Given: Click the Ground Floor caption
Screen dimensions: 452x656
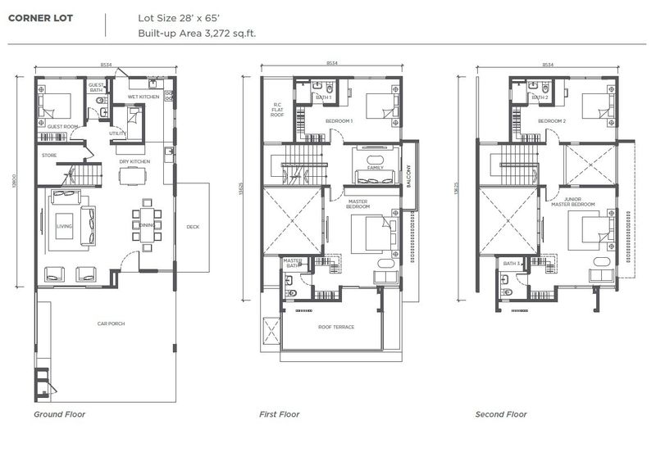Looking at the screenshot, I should pyautogui.click(x=59, y=414).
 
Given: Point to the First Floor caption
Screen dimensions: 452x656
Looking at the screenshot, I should pyautogui.click(x=280, y=414).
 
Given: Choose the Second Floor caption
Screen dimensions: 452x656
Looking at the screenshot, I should pyautogui.click(x=501, y=414).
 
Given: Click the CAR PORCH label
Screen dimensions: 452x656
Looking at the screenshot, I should pyautogui.click(x=111, y=323).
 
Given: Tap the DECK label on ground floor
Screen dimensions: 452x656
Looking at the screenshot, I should pyautogui.click(x=193, y=227).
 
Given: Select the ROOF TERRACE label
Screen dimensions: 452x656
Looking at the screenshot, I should pyautogui.click(x=336, y=327).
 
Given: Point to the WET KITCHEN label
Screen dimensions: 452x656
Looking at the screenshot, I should pyautogui.click(x=143, y=97).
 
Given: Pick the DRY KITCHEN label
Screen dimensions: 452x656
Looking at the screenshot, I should pyautogui.click(x=134, y=161).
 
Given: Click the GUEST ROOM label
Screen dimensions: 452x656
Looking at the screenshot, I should pyautogui.click(x=61, y=127).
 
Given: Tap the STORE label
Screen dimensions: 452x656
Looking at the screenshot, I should pyautogui.click(x=49, y=155).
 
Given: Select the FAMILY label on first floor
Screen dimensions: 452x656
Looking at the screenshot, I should pyautogui.click(x=375, y=167).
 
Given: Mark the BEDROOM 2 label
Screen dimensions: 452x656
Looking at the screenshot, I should pyautogui.click(x=552, y=121).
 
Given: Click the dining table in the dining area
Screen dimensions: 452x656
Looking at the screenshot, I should pyautogui.click(x=146, y=224).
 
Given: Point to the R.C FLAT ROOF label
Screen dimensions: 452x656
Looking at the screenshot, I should pyautogui.click(x=277, y=109).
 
